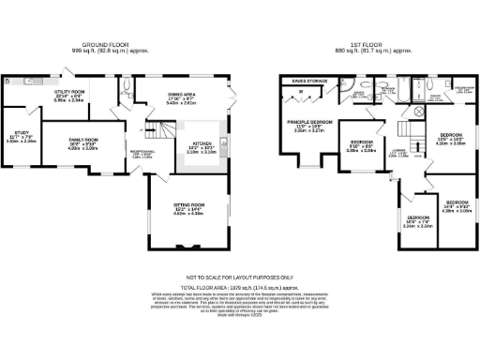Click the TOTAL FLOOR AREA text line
239,287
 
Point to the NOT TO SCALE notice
239,277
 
